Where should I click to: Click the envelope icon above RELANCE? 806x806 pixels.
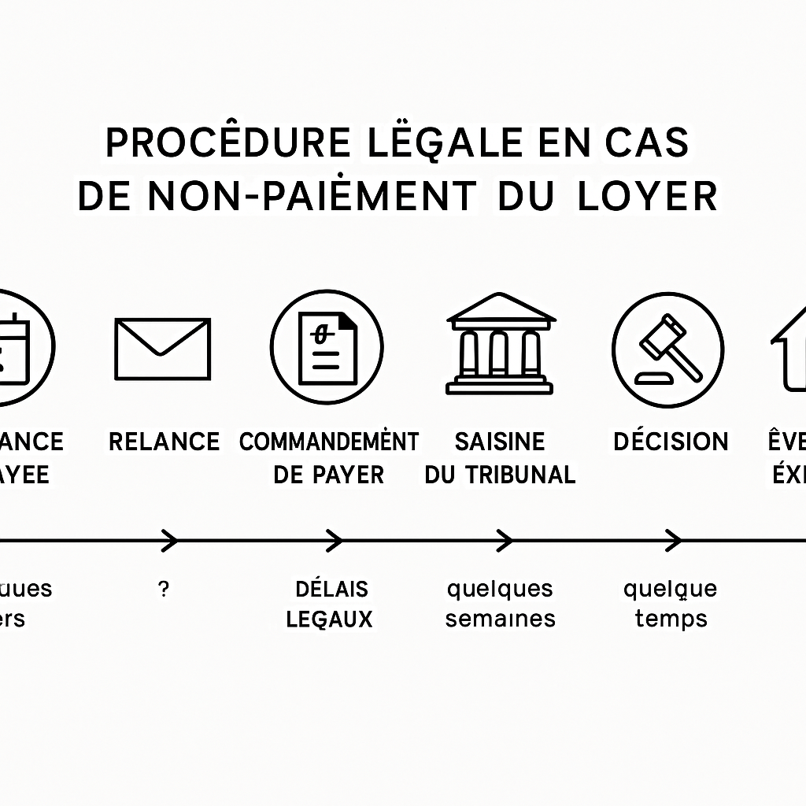click(163, 348)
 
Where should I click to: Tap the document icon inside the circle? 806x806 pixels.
click(327, 347)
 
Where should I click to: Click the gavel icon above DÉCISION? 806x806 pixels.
click(667, 347)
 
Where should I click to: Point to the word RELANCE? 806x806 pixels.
click(164, 442)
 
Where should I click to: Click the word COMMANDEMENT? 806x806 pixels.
click(329, 442)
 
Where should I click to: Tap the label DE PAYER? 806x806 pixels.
click(329, 475)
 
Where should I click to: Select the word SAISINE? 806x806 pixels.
click(500, 442)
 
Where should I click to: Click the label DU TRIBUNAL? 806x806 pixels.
click(500, 475)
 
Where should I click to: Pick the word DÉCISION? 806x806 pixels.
click(671, 442)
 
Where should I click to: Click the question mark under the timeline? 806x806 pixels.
click(163, 590)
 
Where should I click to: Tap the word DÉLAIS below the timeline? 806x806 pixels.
click(331, 589)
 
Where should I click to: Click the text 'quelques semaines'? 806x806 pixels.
click(500, 604)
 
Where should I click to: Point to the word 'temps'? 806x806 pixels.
click(671, 619)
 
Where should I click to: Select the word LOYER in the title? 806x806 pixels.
click(647, 197)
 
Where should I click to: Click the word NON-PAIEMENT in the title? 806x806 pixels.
click(312, 197)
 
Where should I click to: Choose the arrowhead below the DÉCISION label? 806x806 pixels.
click(674, 541)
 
